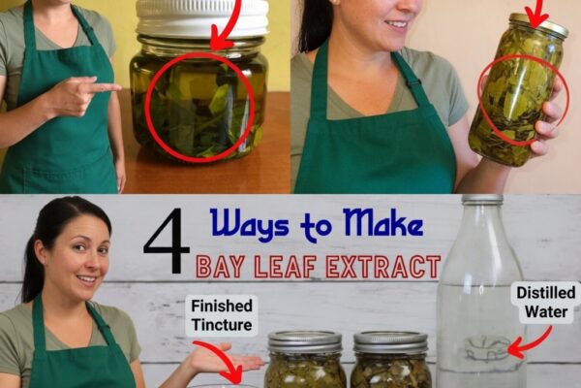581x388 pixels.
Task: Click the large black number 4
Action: click(x=166, y=240)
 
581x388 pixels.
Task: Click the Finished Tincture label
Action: click(x=222, y=315)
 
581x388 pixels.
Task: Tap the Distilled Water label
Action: click(x=546, y=302)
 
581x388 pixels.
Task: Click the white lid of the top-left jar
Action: click(x=202, y=17)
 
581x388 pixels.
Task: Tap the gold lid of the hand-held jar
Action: click(x=539, y=26)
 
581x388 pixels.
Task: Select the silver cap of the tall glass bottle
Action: click(x=482, y=199)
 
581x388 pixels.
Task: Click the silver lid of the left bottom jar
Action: click(x=305, y=342)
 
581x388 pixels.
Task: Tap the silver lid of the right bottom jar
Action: click(x=390, y=342)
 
